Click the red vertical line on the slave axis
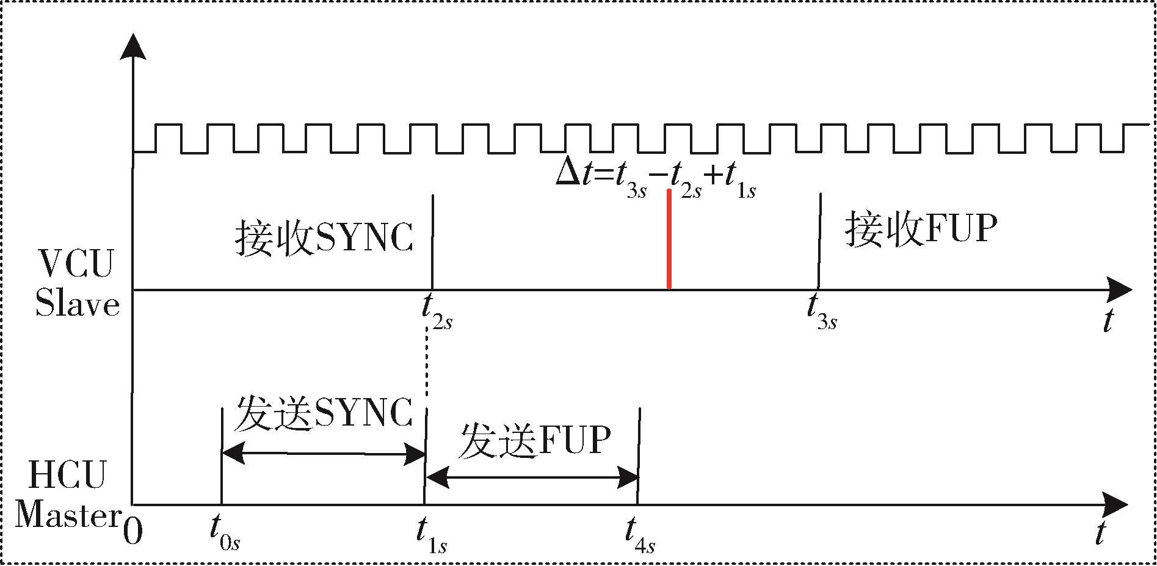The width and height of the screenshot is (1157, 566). [x=669, y=239]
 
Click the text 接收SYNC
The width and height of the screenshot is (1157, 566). [x=324, y=238]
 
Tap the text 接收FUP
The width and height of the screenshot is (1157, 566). [x=921, y=230]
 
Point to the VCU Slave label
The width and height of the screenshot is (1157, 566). [x=76, y=284]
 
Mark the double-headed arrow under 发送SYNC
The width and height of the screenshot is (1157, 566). [x=323, y=454]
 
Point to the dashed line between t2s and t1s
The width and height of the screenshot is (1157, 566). [x=426, y=366]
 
